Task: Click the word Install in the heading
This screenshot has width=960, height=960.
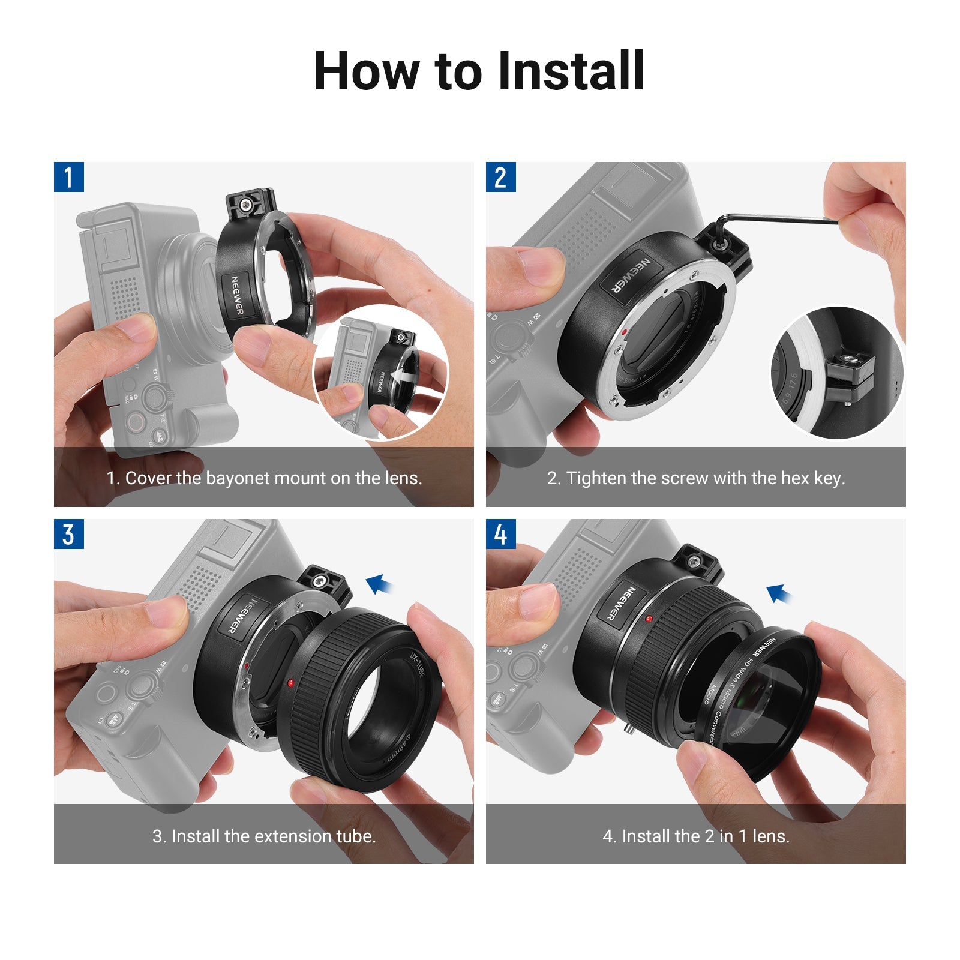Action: [x=571, y=71]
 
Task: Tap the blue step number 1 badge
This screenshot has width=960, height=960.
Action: [x=68, y=177]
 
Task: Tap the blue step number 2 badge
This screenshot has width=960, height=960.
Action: [x=500, y=177]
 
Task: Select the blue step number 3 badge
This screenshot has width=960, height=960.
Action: [x=68, y=534]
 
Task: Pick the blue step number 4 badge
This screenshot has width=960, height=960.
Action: [x=500, y=534]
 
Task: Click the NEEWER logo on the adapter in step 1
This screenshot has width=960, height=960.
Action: [x=238, y=295]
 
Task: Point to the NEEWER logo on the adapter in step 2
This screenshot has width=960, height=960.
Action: [x=631, y=275]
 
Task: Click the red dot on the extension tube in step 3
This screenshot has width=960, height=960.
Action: [x=291, y=683]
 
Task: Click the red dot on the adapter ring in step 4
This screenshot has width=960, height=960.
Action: [x=649, y=619]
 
